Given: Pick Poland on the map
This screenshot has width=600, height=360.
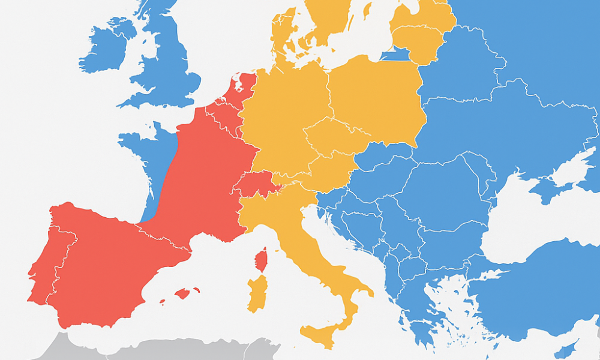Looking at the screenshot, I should (375, 99).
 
